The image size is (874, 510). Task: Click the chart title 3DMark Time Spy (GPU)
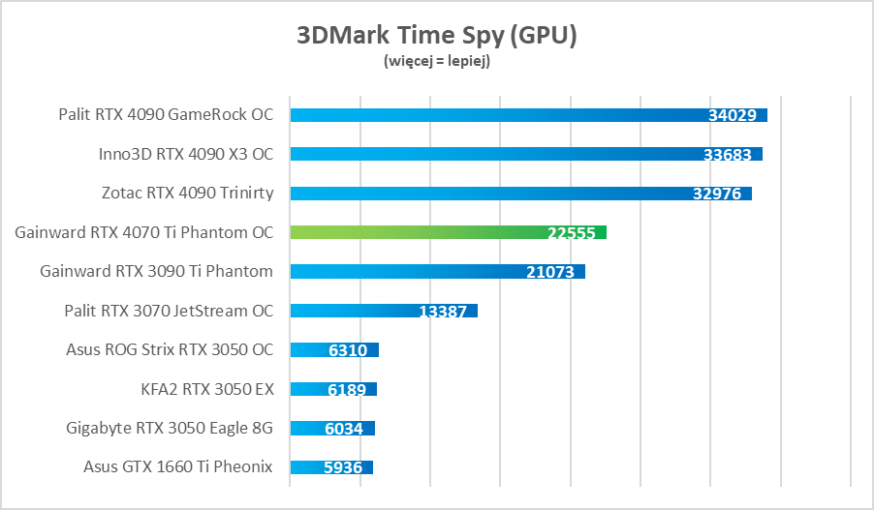point(437,36)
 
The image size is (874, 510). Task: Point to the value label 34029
point(733,115)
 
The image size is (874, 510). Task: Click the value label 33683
point(728,154)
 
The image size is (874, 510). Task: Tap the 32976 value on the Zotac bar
point(717,194)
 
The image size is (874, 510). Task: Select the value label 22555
point(572,232)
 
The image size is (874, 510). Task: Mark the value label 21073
point(550,272)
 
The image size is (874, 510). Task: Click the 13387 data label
point(443,312)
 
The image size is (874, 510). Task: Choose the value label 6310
point(348,350)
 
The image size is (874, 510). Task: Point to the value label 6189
point(346,389)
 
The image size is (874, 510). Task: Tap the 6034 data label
point(344,429)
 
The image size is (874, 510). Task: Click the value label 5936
point(343,467)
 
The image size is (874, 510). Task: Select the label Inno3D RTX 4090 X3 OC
point(186,154)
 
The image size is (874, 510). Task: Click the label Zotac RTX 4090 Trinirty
point(187,194)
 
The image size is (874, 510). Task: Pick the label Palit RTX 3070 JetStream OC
point(169,311)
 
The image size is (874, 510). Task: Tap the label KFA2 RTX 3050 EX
point(207,389)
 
